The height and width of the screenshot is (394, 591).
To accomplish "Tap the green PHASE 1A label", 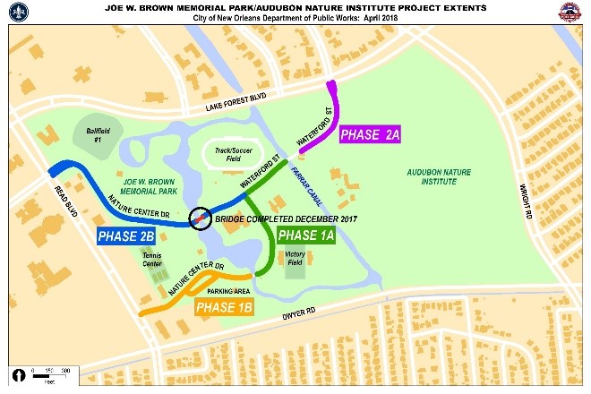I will [x=306, y=236].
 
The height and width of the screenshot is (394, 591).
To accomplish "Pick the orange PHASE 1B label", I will [x=225, y=309].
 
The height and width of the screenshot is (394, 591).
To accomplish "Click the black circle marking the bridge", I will [x=201, y=218].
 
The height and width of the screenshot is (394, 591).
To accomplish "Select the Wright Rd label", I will [x=530, y=202].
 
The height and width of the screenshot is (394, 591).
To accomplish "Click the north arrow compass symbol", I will [x=18, y=373].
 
